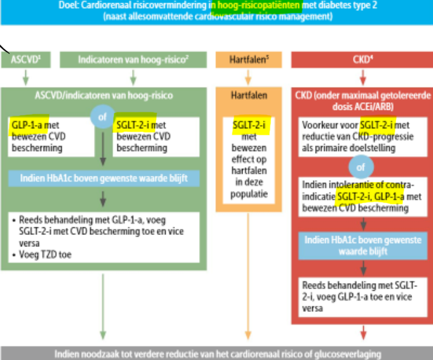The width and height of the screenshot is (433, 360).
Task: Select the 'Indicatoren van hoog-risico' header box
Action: [133, 60]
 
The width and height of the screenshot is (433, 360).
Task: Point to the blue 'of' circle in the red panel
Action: [361, 168]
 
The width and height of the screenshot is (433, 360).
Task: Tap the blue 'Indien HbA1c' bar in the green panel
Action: [103, 178]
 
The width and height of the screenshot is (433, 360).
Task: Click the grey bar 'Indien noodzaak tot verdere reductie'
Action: [216, 354]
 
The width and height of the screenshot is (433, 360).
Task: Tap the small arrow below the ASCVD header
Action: [25, 77]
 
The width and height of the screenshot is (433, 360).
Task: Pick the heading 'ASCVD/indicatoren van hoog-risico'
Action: [103, 95]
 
